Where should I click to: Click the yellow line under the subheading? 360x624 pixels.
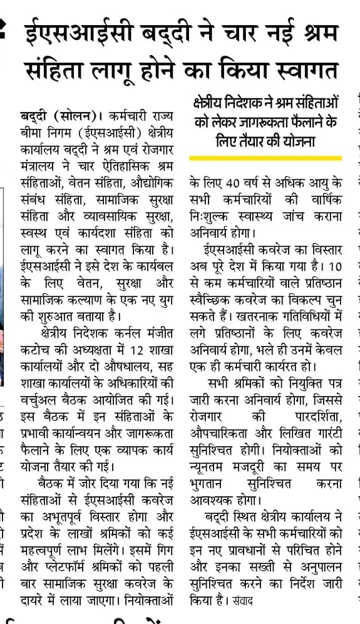pos(265,157)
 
